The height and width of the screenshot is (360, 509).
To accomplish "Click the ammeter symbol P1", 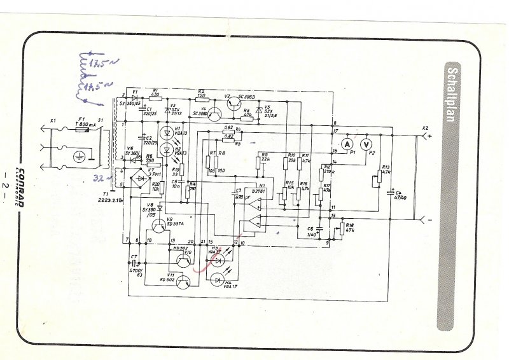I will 347,144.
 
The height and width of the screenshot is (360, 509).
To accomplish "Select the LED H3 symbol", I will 220,260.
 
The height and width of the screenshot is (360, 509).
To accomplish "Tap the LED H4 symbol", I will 220,279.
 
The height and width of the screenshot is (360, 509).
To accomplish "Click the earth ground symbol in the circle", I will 79,156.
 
